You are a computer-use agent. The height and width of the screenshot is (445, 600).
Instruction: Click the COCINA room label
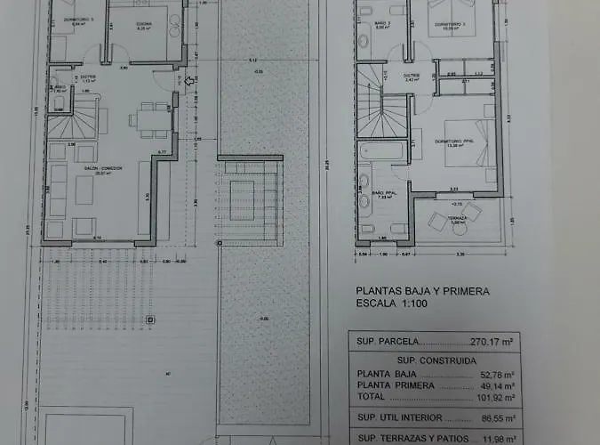pyautogui.click(x=144, y=25)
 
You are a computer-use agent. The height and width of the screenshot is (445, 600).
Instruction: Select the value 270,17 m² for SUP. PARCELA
pyautogui.click(x=496, y=341)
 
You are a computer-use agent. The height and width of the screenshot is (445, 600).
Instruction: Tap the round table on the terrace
pyautogui.click(x=460, y=229)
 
